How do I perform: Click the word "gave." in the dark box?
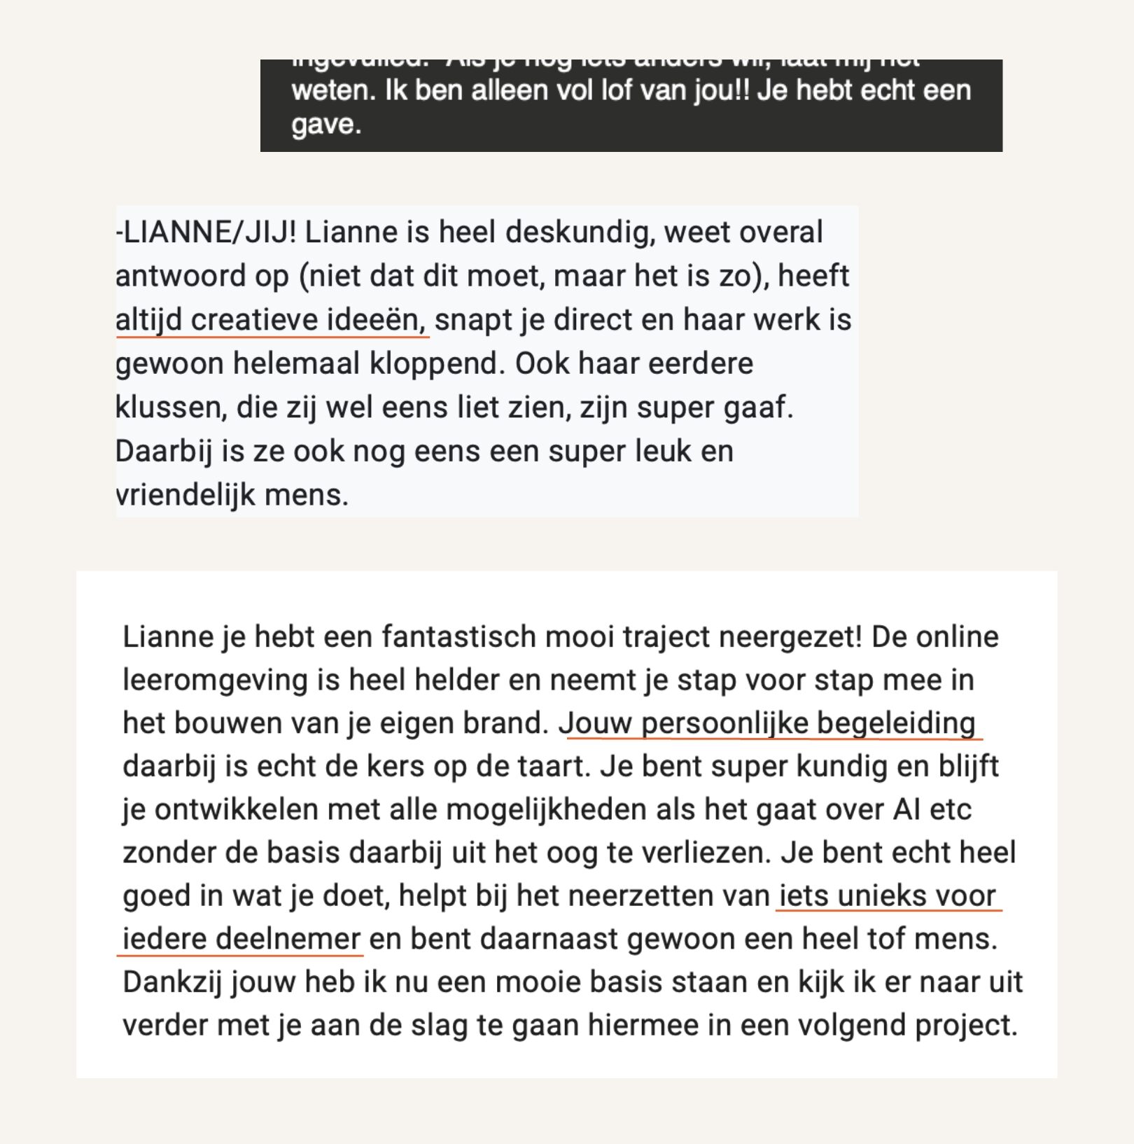coord(326,125)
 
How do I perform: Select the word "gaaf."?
coord(764,407)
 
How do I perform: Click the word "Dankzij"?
coord(172,983)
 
